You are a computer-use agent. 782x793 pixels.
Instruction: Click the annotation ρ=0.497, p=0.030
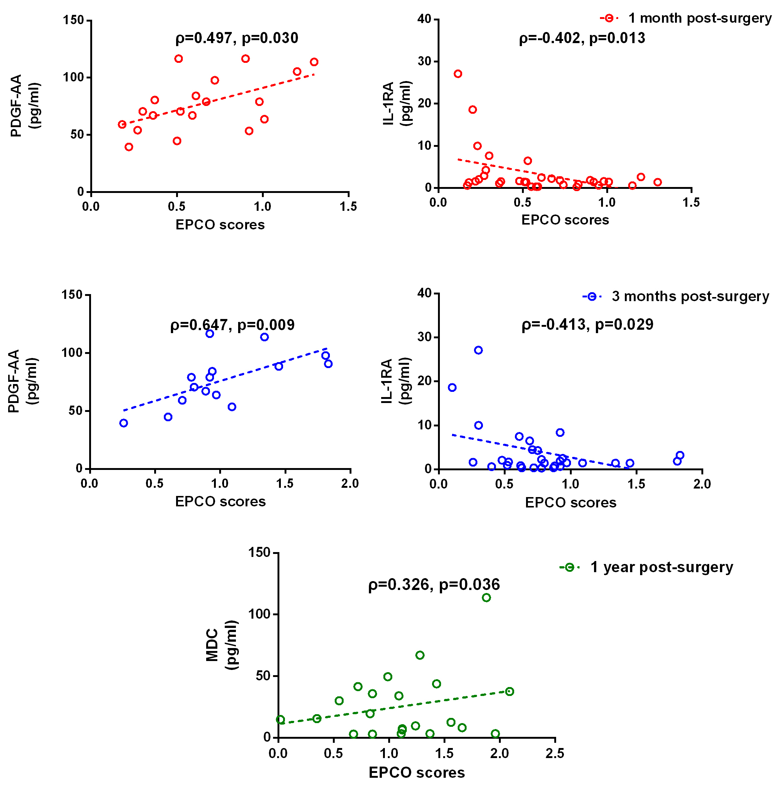click(237, 38)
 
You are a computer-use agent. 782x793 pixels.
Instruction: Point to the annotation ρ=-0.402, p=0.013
click(581, 38)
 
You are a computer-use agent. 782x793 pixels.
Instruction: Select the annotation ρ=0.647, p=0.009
click(232, 325)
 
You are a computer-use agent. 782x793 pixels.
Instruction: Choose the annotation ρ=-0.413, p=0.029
click(587, 325)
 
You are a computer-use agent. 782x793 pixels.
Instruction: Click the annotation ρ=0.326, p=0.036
click(434, 584)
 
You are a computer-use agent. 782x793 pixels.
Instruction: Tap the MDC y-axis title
click(221, 645)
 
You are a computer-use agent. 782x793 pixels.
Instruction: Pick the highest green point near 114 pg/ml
click(486, 597)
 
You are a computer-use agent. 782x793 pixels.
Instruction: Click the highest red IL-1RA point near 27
click(458, 74)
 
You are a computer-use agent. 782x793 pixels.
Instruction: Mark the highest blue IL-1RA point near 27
click(478, 350)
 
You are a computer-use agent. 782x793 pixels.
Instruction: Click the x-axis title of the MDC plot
click(416, 773)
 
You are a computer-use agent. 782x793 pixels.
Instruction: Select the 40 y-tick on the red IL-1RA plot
click(424, 19)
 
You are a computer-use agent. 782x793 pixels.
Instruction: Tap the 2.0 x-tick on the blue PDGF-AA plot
click(350, 484)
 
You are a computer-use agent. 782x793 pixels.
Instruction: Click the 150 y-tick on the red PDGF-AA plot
click(74, 20)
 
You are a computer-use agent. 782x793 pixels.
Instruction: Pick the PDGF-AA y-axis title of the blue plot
click(23, 381)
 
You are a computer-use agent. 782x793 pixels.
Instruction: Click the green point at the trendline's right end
click(509, 692)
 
